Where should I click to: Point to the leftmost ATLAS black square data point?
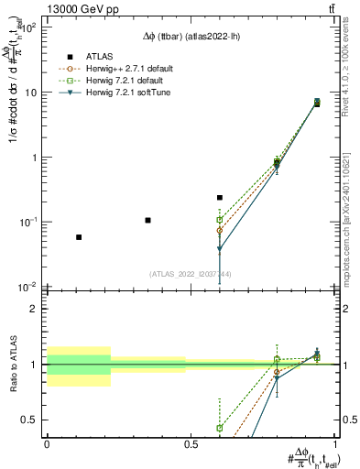pos(79,237)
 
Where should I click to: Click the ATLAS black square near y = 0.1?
pos(147,221)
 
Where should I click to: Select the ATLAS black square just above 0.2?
pos(220,197)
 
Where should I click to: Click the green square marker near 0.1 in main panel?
pos(220,220)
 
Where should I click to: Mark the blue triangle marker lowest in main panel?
pos(220,249)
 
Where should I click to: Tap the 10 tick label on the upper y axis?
pos(30,93)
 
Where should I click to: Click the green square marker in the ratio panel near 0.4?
pos(220,428)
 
